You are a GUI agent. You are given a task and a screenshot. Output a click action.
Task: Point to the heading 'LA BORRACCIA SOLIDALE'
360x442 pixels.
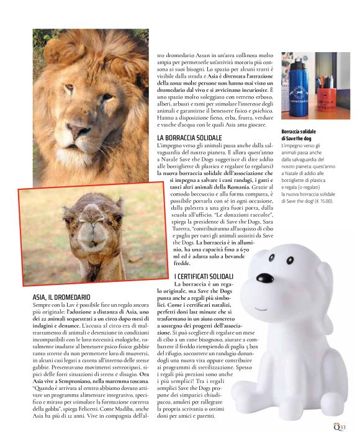[x=191, y=137]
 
